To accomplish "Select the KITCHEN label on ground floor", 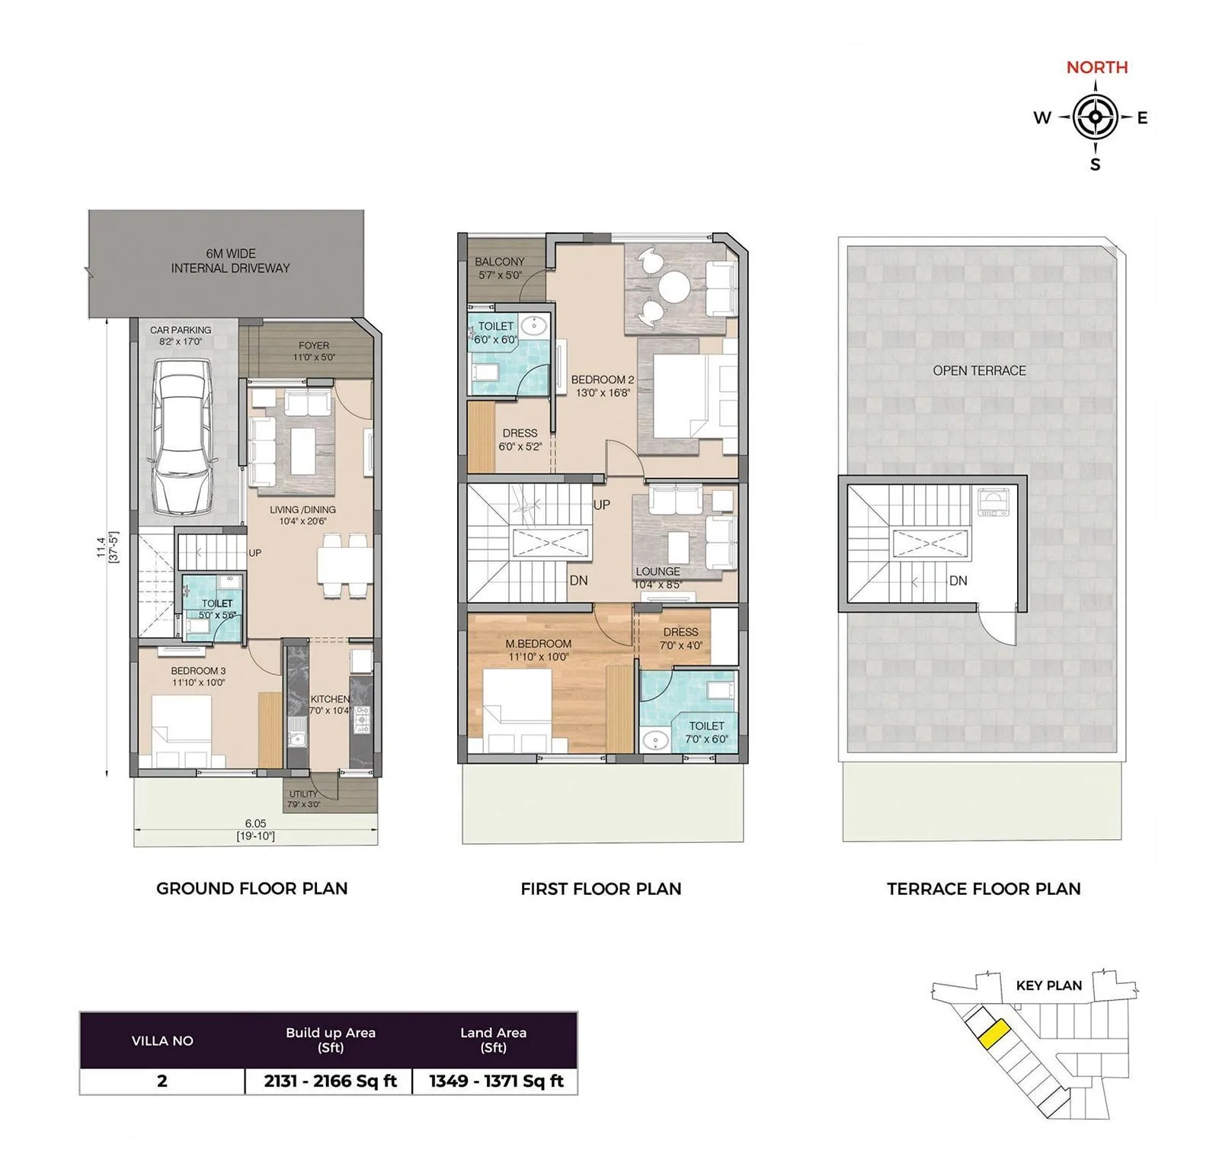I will tap(329, 700).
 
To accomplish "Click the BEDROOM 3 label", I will tap(198, 671).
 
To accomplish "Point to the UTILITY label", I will tap(303, 794).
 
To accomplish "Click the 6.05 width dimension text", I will tap(255, 823).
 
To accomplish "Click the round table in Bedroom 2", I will tap(673, 288).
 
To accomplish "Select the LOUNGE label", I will tap(657, 572).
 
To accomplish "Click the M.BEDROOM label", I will tap(538, 644).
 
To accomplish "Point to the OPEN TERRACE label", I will tap(979, 371).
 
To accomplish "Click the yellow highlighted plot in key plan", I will tap(994, 1034).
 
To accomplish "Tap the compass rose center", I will tap(1095, 117).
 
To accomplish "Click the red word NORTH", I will tap(1096, 67).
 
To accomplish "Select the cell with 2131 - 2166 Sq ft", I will tap(330, 1081).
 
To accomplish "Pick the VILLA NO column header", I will tap(162, 1041).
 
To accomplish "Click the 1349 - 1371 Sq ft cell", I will tap(495, 1081).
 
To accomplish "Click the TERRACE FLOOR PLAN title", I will tap(983, 889).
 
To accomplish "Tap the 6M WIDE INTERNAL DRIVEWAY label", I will tap(230, 261).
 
